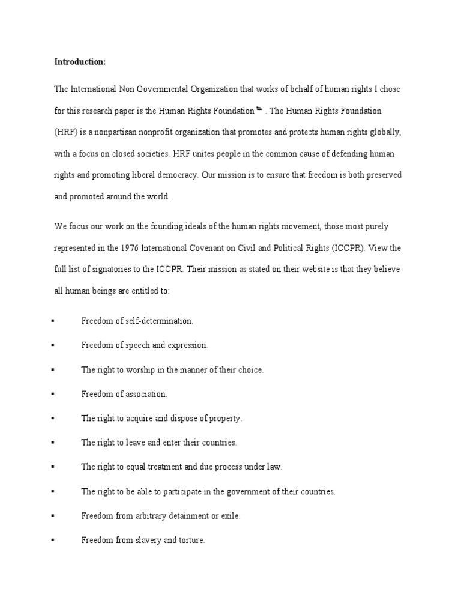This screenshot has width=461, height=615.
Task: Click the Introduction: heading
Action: tap(80, 61)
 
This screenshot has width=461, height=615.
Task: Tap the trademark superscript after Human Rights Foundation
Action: tap(259, 109)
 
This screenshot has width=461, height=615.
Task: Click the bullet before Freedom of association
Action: tap(53, 395)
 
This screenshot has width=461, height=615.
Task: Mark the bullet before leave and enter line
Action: tap(53, 443)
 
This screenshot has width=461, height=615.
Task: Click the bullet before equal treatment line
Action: tap(53, 467)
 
